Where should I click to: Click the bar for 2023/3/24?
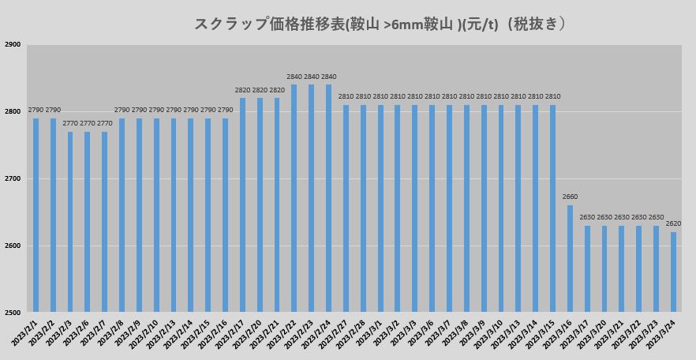(673, 272)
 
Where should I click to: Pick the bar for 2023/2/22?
(294, 198)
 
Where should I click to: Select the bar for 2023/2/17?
(242, 204)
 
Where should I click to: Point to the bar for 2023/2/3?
(70, 222)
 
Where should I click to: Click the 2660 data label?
(570, 197)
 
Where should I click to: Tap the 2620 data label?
(673, 223)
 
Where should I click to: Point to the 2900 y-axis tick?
(13, 45)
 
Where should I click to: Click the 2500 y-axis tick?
(13, 313)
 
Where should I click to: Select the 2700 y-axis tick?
(13, 179)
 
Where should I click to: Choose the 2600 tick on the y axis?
(13, 246)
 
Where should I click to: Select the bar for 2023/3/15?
(552, 208)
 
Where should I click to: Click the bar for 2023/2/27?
(346, 208)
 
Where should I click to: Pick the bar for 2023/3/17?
(587, 268)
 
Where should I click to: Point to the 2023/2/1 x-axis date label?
(26, 333)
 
